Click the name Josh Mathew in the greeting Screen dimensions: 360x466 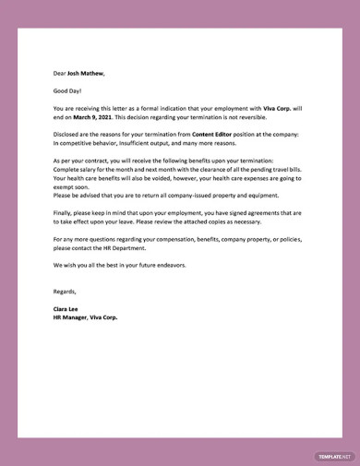click(86, 74)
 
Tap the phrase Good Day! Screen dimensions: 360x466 click(67, 90)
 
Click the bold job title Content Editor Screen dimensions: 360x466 click(214, 134)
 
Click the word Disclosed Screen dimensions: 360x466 click(68, 134)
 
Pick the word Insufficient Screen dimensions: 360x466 click(133, 143)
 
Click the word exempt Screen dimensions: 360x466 click(66, 185)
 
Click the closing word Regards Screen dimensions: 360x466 click(67, 291)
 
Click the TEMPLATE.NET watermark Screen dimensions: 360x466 click(333, 456)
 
